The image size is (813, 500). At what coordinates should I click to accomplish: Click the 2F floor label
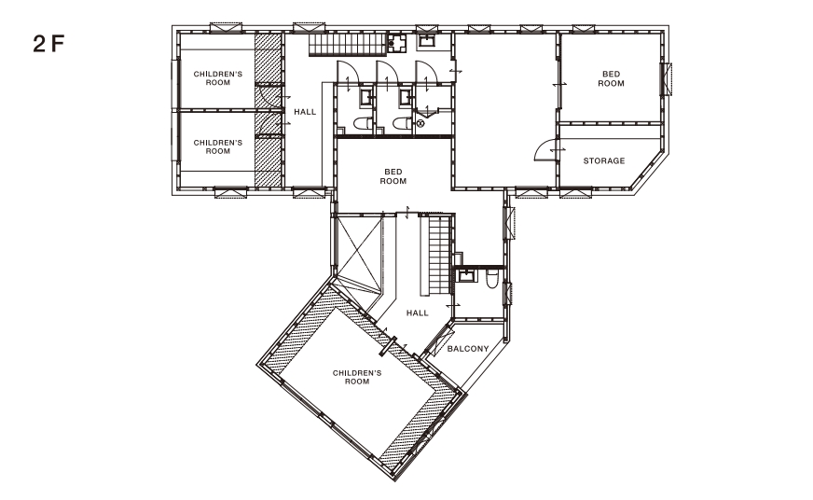48,44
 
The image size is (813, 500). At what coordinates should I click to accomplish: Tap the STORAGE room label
604,160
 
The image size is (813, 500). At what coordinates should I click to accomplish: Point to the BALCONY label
468,349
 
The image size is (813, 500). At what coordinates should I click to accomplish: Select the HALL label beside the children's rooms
305,112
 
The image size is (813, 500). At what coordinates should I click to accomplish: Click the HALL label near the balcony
418,312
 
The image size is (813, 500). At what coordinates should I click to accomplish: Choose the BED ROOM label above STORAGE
612,79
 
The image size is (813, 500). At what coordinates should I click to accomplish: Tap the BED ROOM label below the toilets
393,176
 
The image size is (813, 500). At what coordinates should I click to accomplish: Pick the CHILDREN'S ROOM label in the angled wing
357,377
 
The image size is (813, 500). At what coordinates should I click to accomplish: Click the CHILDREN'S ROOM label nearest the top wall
218,78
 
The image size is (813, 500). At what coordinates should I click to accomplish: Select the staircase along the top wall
349,44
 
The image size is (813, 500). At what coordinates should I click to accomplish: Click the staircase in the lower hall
438,255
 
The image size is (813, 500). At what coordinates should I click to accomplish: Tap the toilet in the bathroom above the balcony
491,280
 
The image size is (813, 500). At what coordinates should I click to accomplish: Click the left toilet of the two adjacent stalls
362,123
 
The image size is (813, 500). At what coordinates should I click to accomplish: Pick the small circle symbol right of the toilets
420,123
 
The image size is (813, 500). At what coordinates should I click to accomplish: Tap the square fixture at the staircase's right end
399,44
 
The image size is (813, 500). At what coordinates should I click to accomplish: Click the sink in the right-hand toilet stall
406,96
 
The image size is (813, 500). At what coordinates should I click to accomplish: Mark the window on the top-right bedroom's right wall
666,79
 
